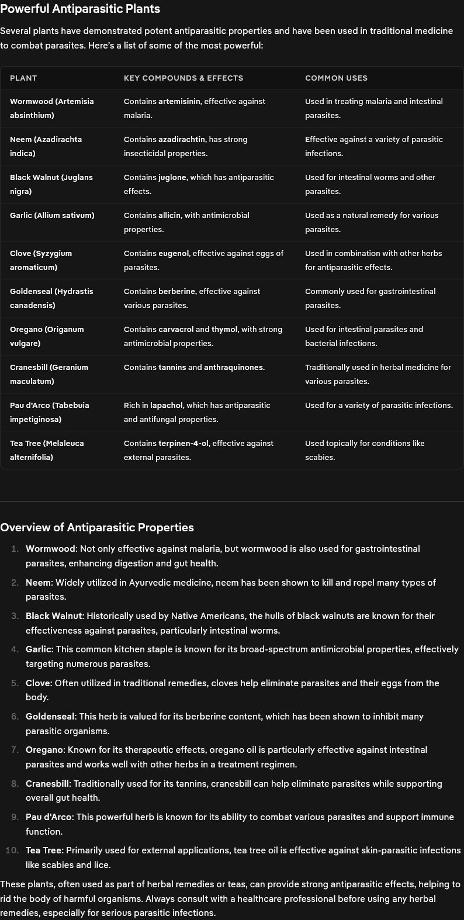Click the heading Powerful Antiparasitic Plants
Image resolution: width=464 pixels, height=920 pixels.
point(80,9)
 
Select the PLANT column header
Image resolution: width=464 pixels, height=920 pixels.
point(23,78)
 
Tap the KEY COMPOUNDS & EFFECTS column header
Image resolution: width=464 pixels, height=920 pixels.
point(183,78)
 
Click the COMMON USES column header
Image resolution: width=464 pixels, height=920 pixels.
point(336,78)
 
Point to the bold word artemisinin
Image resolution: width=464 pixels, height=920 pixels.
point(179,101)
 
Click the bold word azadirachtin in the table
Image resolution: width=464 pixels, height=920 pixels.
point(182,139)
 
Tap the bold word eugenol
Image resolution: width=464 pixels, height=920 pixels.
point(174,253)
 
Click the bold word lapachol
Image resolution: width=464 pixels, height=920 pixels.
point(167,405)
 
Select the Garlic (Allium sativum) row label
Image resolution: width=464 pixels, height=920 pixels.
point(52,215)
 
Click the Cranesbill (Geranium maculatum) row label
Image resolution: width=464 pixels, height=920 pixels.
point(49,374)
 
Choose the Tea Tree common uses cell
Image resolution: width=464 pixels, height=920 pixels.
point(365,450)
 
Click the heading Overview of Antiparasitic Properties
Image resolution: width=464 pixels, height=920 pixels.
point(97,527)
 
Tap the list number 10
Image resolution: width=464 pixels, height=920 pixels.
point(12,850)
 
